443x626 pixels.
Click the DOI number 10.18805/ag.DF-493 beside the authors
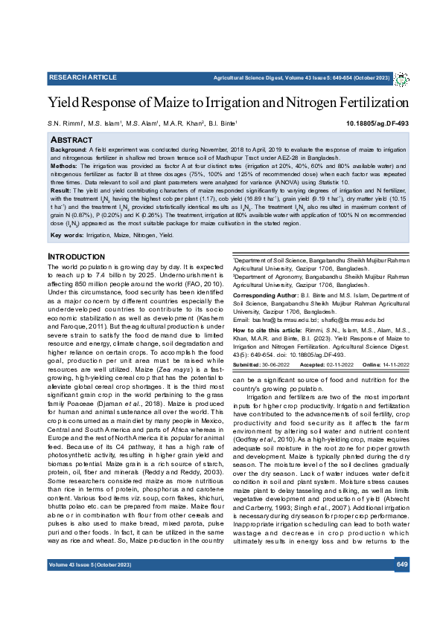tap(377, 123)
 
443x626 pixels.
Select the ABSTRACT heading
tap(71, 140)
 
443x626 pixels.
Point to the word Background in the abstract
tap(68, 149)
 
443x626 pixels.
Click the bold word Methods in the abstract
tap(65, 167)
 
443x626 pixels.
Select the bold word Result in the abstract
tap(62, 191)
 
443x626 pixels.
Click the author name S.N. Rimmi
tap(65, 124)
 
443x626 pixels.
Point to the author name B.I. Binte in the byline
tap(221, 124)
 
